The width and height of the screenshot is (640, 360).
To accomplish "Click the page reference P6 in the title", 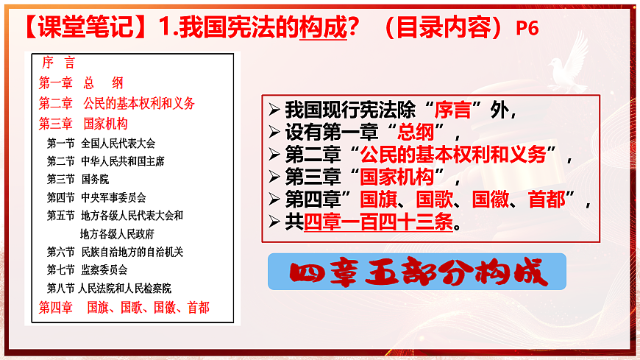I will pos(527,28).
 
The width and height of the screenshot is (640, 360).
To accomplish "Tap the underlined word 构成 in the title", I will pos(322,28).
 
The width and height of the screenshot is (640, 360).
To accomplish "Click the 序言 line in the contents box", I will pos(59,63).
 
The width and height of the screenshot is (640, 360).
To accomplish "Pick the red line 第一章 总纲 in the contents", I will pos(81,83).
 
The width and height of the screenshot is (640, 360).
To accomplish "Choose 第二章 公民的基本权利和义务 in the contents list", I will pos(117,103).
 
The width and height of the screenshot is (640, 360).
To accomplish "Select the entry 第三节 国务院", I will pos(78,179).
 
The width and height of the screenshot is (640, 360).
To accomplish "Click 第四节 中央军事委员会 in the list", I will pos(96,197).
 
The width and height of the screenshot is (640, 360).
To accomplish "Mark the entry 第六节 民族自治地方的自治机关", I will pos(115,252).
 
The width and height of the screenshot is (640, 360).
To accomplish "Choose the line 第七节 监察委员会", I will pos(87,269).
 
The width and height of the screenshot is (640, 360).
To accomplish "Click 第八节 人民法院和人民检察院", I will pos(109,288).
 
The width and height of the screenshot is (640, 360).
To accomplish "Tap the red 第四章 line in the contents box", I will pos(124,307).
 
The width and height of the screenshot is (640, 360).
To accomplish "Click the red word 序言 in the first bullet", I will pos(452,111).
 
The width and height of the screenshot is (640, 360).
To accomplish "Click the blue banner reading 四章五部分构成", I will pos(417,272).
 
